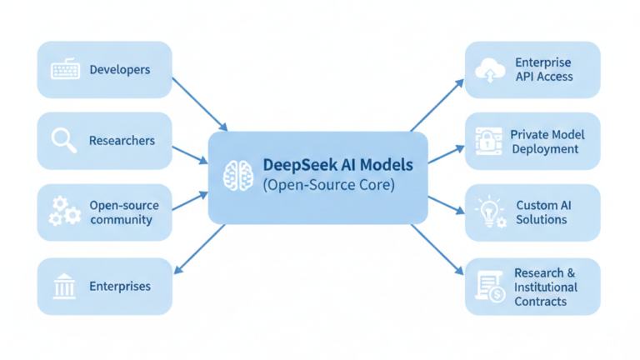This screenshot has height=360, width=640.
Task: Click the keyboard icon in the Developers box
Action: pos(65,70)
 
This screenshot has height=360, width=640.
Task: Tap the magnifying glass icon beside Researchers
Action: pos(64,140)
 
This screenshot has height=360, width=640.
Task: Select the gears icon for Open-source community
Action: pos(64,212)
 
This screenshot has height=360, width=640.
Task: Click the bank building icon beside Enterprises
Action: pos(64,287)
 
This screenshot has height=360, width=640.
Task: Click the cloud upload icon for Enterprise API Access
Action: pos(489,70)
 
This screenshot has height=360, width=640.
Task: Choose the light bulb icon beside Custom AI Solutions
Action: pos(489,212)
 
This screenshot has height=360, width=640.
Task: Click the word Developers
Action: pos(119,70)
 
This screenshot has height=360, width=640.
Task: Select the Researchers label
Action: pos(122,141)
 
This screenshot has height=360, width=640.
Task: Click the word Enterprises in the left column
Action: pos(120,287)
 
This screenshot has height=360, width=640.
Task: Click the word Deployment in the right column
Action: pos(546,149)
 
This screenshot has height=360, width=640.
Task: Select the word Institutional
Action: pos(546,287)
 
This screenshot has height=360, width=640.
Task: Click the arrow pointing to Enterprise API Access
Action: pos(437,105)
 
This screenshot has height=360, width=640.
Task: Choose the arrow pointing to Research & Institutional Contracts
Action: pos(437,248)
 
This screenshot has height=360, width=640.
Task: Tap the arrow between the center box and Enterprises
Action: pos(200,248)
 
